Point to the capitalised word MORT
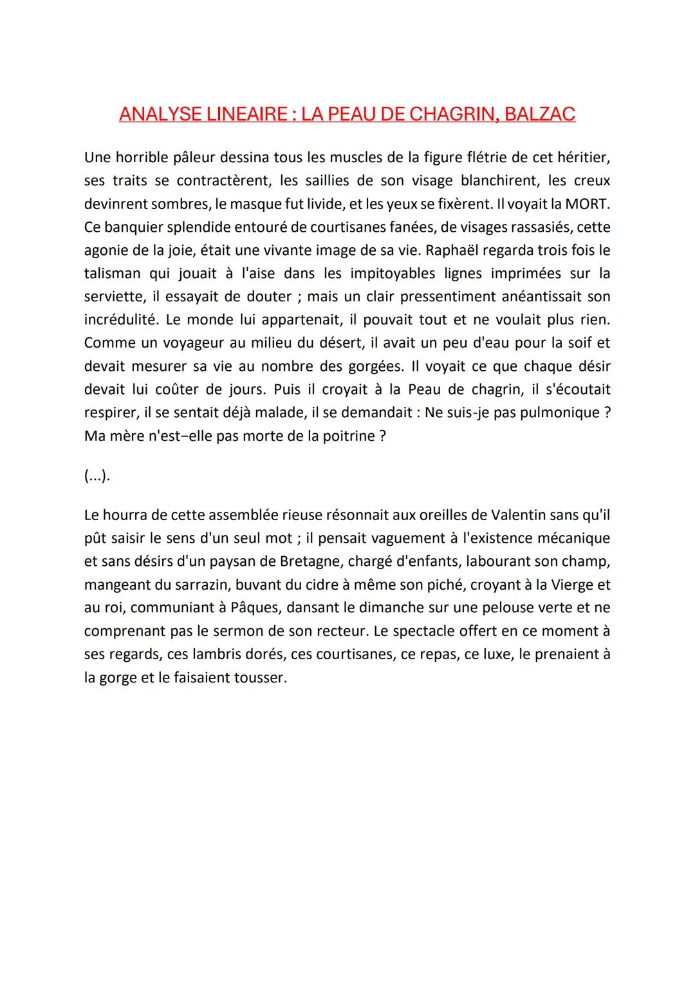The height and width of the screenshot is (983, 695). pyautogui.click(x=587, y=204)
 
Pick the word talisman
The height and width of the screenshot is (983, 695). pyautogui.click(x=112, y=274)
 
